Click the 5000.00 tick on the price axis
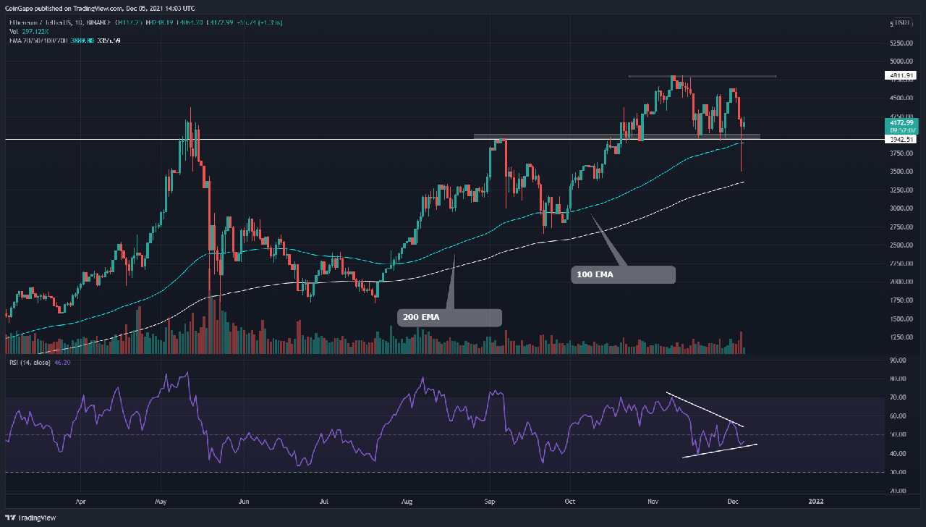(x=900, y=62)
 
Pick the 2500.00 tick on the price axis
(x=900, y=245)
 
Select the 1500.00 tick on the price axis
(x=900, y=319)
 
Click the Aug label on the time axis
(x=407, y=499)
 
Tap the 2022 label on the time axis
(x=815, y=499)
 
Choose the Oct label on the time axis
(x=570, y=499)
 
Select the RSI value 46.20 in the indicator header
(x=61, y=362)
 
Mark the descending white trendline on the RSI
(x=705, y=410)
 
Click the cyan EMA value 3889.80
(x=80, y=41)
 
